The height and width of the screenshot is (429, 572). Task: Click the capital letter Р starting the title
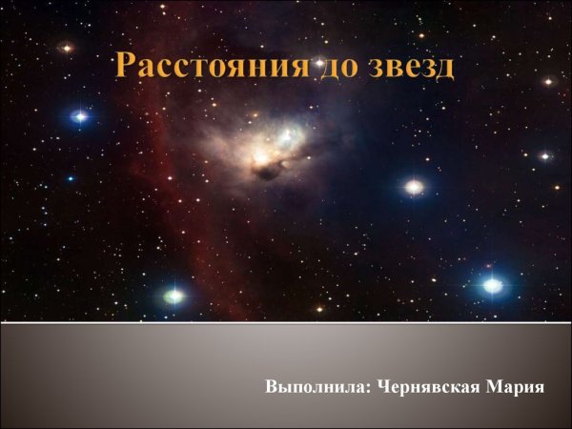coord(124,67)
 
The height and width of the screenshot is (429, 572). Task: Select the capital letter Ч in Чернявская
coord(383,388)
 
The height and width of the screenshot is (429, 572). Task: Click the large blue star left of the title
coord(80,116)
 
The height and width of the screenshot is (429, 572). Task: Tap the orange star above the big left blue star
coord(67,47)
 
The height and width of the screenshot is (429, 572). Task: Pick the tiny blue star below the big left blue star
coord(70,178)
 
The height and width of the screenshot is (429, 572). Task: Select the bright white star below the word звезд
coord(414,187)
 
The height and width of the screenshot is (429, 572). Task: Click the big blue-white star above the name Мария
coord(492,284)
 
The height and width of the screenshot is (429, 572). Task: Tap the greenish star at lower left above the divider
coord(174,296)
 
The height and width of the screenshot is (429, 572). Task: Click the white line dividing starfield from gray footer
coord(286,322)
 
